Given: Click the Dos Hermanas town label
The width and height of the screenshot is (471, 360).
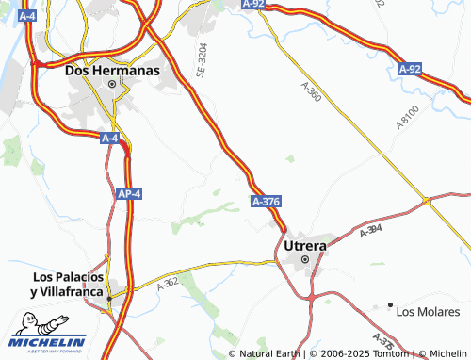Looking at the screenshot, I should (x=112, y=70).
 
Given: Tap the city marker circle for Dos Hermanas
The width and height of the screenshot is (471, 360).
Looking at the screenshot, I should (x=112, y=85).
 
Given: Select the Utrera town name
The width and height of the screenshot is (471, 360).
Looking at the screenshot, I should (x=304, y=245).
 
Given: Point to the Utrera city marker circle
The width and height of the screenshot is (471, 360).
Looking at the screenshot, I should (x=304, y=259).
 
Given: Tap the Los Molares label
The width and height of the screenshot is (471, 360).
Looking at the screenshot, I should (x=428, y=311).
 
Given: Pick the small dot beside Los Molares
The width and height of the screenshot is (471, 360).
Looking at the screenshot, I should (x=390, y=304).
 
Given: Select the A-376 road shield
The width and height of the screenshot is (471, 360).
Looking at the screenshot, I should (x=266, y=202).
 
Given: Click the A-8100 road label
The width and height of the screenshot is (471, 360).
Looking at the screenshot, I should (x=407, y=121).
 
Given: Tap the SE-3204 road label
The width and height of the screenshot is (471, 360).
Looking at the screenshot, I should (x=201, y=57).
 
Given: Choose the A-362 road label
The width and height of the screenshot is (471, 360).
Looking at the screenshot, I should (x=167, y=280).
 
